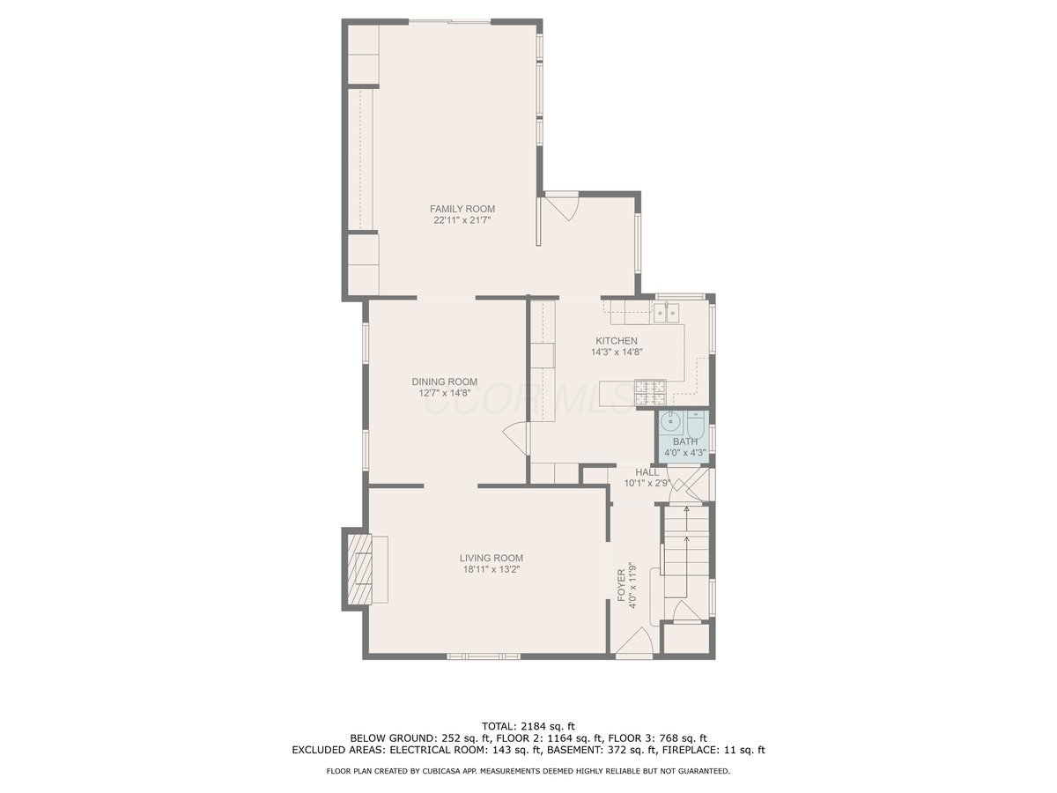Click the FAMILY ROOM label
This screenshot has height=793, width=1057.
(462, 209)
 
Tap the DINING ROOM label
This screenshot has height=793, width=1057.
(444, 382)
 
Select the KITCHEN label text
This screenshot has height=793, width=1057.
(617, 341)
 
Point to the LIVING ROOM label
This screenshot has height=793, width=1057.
(491, 558)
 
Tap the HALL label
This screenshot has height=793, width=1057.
(647, 472)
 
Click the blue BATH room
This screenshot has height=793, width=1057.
(684, 436)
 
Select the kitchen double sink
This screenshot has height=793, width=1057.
(666, 313)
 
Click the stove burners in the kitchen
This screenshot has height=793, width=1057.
(650, 391)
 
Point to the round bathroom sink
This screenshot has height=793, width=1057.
(669, 422)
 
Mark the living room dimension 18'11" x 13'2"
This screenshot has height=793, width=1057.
(491, 569)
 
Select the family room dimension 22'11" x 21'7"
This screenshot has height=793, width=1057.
(462, 220)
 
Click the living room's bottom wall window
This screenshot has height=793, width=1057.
(484, 656)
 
